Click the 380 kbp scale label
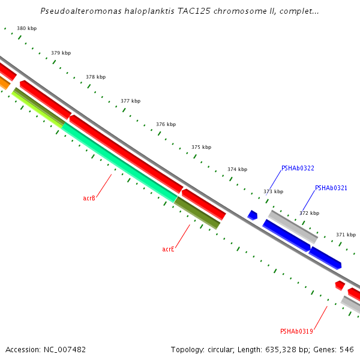pyautogui.click(x=26, y=28)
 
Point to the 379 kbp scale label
pyautogui.click(x=61, y=53)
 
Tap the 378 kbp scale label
pyautogui.click(x=95, y=77)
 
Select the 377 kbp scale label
pyautogui.click(x=130, y=101)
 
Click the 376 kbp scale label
pyautogui.click(x=166, y=124)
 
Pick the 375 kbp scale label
pyautogui.click(x=201, y=147)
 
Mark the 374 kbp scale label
pyautogui.click(x=237, y=169)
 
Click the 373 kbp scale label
pyautogui.click(x=273, y=191)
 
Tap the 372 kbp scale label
pyautogui.click(x=309, y=213)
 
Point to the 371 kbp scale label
pyautogui.click(x=346, y=235)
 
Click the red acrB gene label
pyautogui.click(x=89, y=197)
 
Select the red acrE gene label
pyautogui.click(x=168, y=249)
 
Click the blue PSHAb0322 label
pyautogui.click(x=298, y=169)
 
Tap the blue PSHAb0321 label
pyautogui.click(x=331, y=188)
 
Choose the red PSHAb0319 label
pyautogui.click(x=296, y=331)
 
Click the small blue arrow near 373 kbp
pyautogui.click(x=253, y=215)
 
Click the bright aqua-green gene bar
pyautogui.click(x=120, y=162)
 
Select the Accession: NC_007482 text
pyautogui.click(x=46, y=349)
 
